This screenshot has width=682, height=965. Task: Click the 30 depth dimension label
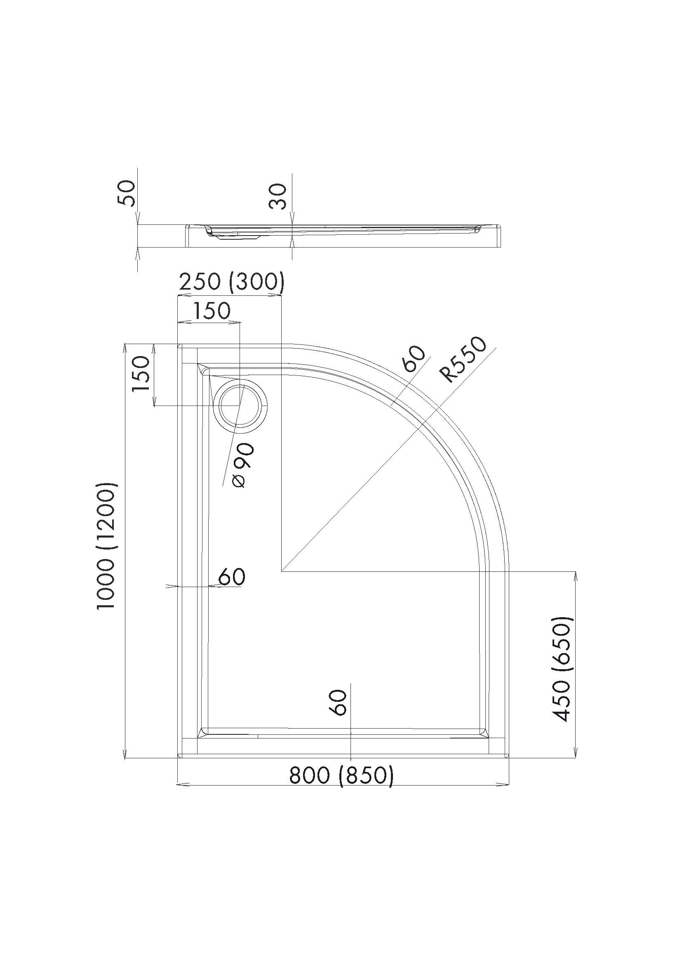278,197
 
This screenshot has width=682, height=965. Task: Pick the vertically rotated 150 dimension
141,374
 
